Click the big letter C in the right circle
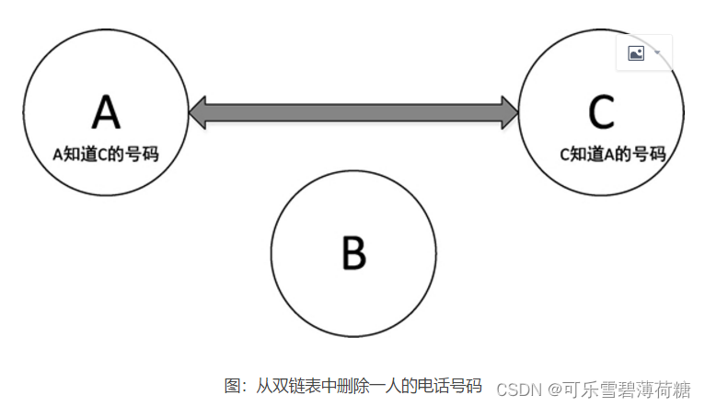601,112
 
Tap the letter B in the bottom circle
353,252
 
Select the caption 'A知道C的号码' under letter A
106,155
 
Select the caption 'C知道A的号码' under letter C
613,155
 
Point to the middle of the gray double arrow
353,112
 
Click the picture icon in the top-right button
636,53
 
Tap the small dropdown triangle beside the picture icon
658,52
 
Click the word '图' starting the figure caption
233,385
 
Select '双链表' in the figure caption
295,385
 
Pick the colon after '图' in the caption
245,386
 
